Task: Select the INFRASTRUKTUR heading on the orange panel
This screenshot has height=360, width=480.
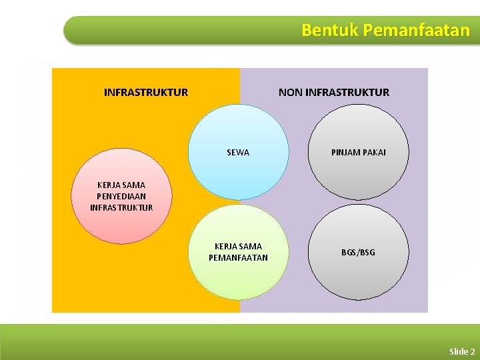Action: pos(146,93)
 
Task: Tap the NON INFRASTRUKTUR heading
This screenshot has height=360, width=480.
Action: pos(333,93)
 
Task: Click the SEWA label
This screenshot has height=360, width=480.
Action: pos(238,153)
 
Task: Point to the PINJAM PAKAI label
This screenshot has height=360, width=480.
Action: pos(359,153)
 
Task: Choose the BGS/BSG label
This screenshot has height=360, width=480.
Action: pos(359,252)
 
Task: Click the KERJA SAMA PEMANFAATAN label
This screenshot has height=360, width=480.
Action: pos(238,252)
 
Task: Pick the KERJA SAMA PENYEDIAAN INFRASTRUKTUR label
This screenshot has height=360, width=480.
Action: pos(121,196)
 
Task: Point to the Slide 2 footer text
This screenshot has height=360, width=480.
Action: pos(462,351)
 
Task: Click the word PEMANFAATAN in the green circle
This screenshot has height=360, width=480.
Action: pos(238,258)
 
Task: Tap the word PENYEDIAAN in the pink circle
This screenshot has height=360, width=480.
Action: pos(121,196)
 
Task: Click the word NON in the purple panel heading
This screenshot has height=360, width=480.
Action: pos(290,93)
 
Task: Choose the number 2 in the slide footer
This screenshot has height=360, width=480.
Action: pos(473,351)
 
